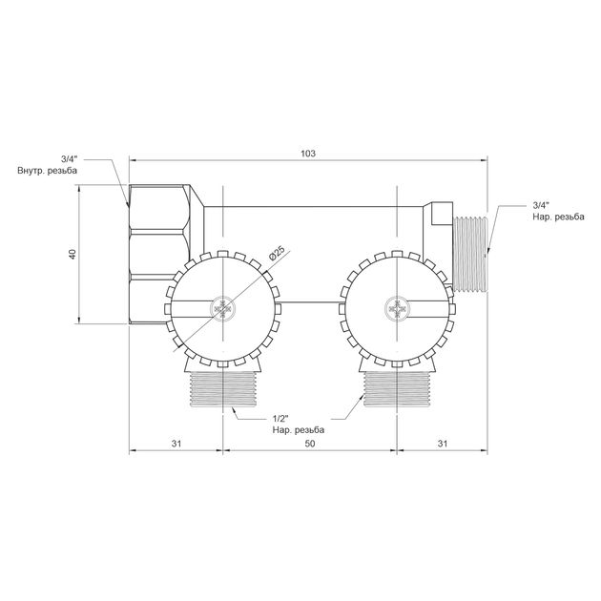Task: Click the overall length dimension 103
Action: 308,154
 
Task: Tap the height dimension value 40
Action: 73,254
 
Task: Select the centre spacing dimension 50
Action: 310,444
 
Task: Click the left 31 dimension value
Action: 176,444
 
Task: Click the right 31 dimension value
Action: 443,444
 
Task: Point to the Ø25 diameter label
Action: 277,254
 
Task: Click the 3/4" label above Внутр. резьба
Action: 69,159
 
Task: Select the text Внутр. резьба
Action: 47,171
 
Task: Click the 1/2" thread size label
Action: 281,419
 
